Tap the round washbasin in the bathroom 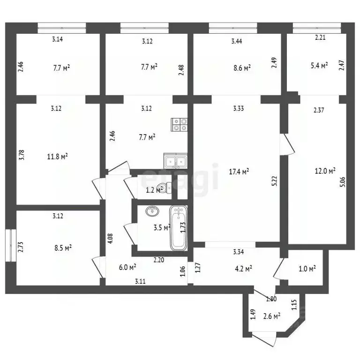(153, 211)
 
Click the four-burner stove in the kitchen (180, 124)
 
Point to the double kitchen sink (175, 162)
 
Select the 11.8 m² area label (59, 156)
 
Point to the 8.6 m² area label (241, 67)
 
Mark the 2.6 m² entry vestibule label (271, 316)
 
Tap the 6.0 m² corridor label (127, 267)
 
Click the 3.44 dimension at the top (237, 41)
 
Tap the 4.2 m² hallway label (243, 269)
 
